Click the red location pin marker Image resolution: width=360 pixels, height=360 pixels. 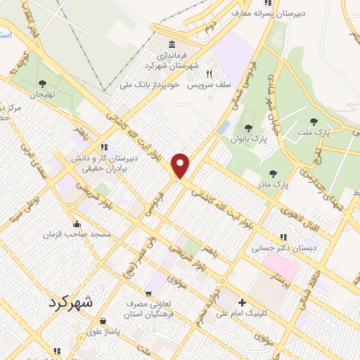(181, 165)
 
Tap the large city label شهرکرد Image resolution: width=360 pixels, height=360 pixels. (72, 303)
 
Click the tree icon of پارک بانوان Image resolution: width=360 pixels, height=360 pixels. (247, 128)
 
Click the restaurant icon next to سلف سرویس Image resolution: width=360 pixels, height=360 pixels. (208, 74)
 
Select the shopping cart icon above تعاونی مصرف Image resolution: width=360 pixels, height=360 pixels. (148, 294)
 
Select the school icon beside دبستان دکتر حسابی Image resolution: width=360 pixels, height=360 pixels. (284, 238)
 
